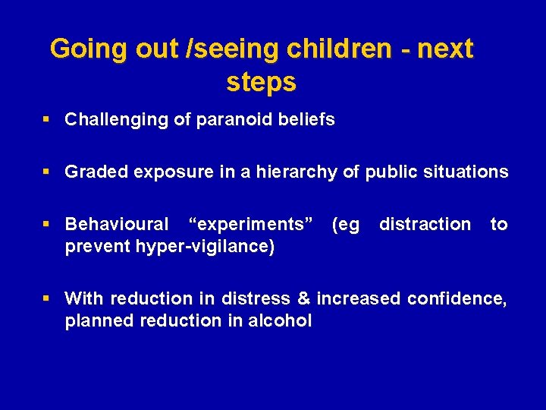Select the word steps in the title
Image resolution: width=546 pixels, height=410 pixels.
tap(261, 82)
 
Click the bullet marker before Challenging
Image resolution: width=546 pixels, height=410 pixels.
tap(47, 120)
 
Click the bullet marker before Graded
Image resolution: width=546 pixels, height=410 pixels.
tap(47, 172)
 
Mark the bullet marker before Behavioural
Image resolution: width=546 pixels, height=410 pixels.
tap(47, 225)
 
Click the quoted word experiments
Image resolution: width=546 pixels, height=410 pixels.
tap(251, 225)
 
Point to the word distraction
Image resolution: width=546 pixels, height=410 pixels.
tap(425, 225)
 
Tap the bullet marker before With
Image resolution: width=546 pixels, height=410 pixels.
tap(47, 298)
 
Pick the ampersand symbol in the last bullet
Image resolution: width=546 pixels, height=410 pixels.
tap(305, 298)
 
